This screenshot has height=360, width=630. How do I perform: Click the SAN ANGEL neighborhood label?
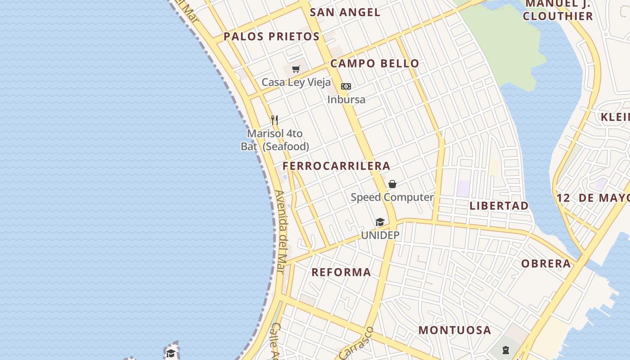coord(345,13)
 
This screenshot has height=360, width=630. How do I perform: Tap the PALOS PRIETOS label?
coord(271,37)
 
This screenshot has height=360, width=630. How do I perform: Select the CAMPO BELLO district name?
coord(374,63)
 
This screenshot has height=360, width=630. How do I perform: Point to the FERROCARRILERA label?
coord(336,166)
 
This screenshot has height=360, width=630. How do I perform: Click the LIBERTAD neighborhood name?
coord(499,206)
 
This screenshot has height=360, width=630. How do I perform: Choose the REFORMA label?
coord(341,272)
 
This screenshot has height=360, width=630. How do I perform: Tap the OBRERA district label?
coord(546,264)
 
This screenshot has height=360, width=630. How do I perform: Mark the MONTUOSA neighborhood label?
coord(454,330)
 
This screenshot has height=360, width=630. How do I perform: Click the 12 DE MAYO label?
coord(593,198)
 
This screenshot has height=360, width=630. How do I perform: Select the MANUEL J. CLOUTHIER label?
coord(558,10)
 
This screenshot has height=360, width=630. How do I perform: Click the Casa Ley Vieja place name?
coord(296,82)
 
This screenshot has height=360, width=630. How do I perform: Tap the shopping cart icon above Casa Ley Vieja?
coord(296,69)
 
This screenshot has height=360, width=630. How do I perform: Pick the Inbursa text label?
coord(346,99)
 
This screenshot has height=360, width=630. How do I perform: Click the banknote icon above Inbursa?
coord(346,86)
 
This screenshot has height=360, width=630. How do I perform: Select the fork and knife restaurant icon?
coord(274,120)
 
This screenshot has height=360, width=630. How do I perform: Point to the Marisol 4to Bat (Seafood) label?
coord(275,140)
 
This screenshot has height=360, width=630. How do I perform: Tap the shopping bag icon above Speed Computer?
coord(392,184)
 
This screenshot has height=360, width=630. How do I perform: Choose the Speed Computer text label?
coord(392,197)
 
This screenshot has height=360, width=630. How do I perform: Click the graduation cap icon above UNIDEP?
coord(380,222)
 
